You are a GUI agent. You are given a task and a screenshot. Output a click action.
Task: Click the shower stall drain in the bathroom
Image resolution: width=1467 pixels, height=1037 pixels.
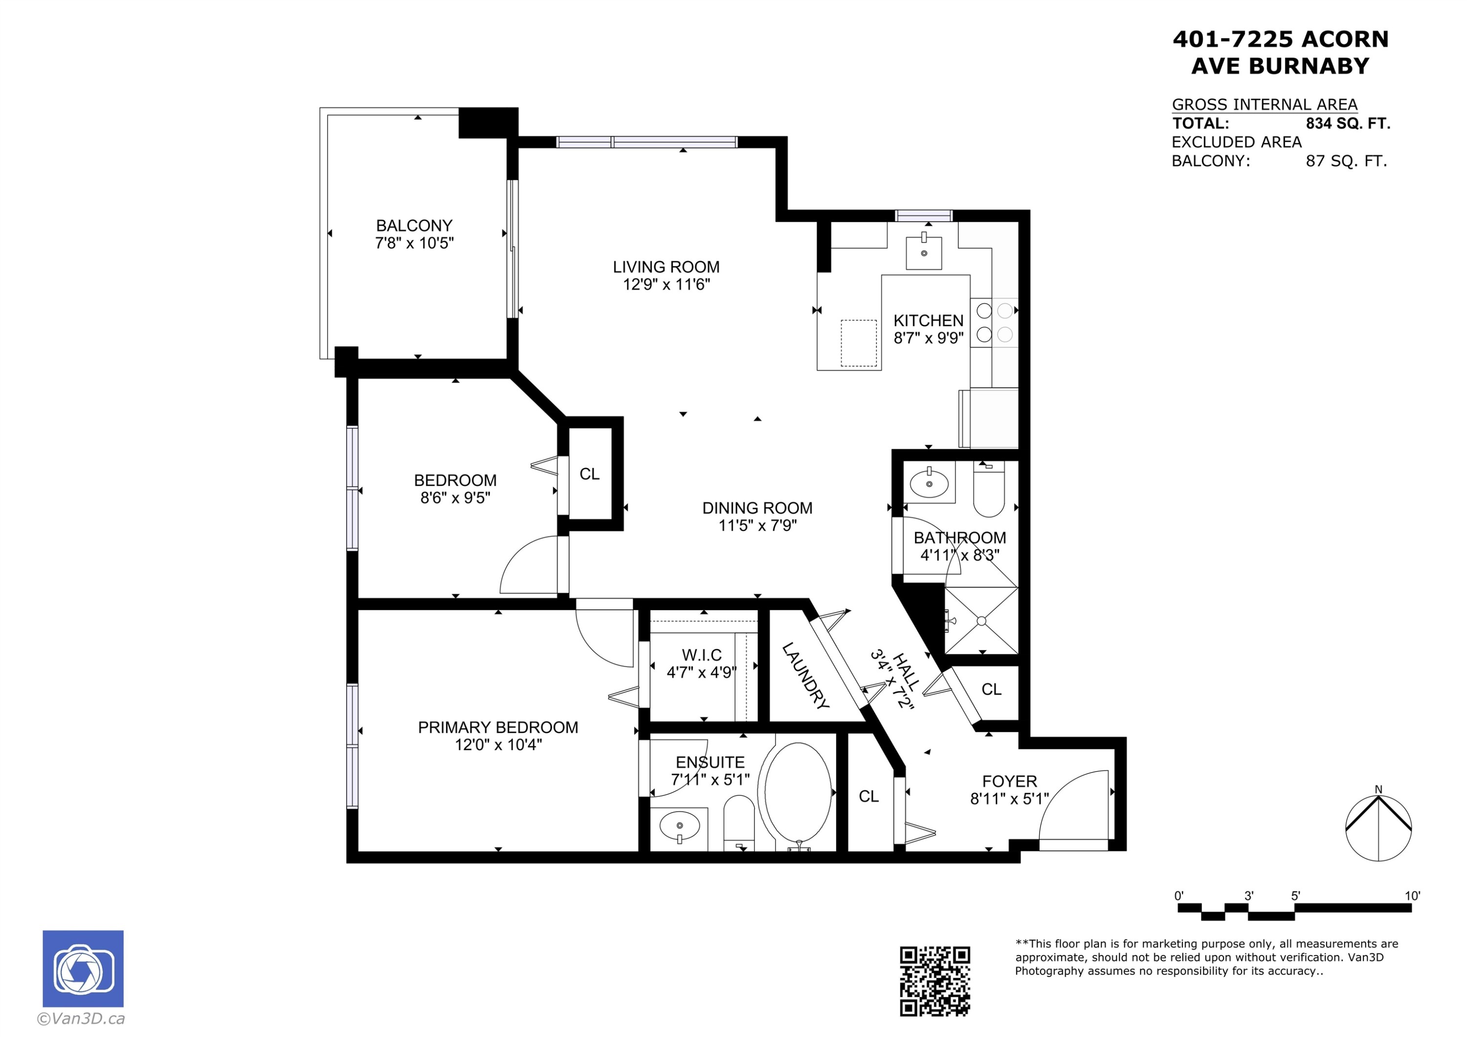point(981,621)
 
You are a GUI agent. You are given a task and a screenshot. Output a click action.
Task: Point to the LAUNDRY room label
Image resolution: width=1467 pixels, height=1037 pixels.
point(805,676)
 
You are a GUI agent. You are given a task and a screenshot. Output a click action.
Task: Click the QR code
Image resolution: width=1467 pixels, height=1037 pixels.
point(935,981)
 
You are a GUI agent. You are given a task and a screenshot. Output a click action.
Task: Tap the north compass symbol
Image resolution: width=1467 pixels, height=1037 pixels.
point(1378,827)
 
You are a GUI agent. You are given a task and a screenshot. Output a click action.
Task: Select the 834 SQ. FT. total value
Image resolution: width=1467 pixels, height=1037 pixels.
point(1348,123)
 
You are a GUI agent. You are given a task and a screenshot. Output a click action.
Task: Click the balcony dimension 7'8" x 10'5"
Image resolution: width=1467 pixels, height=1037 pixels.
point(414,243)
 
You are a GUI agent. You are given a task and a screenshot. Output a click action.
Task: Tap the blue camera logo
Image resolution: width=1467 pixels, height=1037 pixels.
point(83,969)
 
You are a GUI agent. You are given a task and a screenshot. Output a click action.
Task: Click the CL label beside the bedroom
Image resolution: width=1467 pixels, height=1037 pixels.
point(589,474)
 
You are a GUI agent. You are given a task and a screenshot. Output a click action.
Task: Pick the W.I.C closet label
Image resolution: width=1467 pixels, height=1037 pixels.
point(702,655)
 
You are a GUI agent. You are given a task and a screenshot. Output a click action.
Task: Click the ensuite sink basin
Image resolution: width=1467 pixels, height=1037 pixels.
point(679,826)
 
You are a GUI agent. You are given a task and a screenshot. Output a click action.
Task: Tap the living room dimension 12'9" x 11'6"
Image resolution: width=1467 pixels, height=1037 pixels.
point(667,285)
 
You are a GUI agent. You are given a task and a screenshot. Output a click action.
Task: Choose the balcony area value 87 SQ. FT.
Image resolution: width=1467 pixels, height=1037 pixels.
point(1346,161)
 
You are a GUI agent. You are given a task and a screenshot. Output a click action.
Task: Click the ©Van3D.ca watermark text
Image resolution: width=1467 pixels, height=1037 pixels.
point(81,1018)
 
